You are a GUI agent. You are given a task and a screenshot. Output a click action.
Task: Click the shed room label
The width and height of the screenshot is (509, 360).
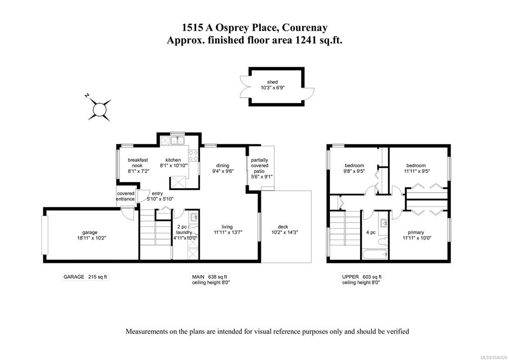coord(272,82)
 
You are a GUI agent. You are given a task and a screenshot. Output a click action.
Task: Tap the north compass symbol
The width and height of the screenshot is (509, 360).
coord(99,110)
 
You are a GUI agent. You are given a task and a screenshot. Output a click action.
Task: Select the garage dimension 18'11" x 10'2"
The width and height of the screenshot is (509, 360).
coord(90,238)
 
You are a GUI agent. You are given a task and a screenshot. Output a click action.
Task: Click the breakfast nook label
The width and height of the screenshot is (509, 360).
coord(138,163)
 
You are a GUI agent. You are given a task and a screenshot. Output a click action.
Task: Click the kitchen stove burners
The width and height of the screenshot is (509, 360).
coord(194,155)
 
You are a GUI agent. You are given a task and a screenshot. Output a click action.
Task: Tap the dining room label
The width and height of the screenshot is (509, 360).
coord(223,165)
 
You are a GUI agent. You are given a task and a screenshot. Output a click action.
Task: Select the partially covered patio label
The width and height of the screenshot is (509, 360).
coord(259,165)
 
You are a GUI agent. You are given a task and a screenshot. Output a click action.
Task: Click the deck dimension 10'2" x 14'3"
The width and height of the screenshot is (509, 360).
coord(285,233)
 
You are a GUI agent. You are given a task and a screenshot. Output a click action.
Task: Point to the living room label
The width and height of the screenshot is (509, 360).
coord(227,227)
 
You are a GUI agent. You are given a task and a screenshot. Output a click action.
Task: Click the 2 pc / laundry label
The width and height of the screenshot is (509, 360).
coord(184,230)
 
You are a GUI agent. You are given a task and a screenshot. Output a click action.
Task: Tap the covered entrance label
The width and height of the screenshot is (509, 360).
coord(125,196)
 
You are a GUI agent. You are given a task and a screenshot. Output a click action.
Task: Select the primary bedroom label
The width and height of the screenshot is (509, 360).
coord(416,233)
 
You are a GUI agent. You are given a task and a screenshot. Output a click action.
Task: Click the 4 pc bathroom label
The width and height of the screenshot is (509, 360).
coord(371,233)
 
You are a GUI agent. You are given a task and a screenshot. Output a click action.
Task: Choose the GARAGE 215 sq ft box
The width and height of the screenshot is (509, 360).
coord(85,277)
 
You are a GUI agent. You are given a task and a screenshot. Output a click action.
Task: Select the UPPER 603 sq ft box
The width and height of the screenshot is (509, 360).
coord(362,277)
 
